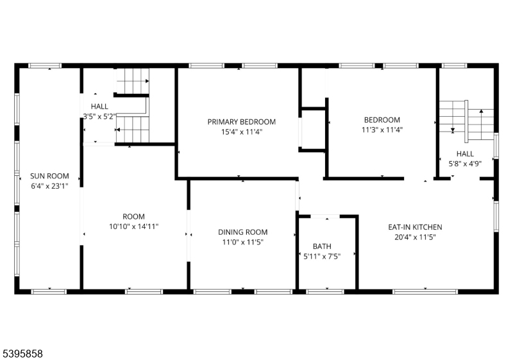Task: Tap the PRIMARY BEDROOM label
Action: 242,121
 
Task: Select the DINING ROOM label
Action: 243,232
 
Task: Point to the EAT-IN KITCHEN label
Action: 415,227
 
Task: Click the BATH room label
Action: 322,246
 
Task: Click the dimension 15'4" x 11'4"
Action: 242,132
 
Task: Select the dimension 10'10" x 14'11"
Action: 134,227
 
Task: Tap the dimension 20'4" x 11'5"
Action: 415,237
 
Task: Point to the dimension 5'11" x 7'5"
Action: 322,256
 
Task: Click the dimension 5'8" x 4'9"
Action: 465,164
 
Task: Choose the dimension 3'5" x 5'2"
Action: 99,116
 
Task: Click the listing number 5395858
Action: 23,353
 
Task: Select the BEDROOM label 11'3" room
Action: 382,119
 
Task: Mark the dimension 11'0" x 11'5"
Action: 243,242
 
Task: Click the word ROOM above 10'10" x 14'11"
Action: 134,216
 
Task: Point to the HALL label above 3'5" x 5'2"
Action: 99,107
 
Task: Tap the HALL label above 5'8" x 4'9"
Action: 465,153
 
